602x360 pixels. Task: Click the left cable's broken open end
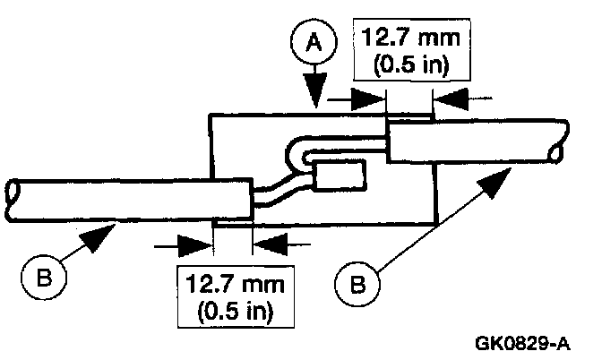pos(13,193)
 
